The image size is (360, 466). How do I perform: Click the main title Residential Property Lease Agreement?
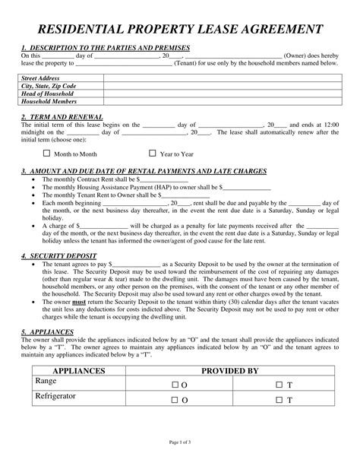pyautogui.click(x=180, y=30)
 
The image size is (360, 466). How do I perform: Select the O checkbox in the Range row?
pyautogui.click(x=175, y=385)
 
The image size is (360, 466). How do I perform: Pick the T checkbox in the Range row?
pyautogui.click(x=279, y=385)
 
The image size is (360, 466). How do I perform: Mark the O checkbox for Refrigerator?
pyautogui.click(x=175, y=399)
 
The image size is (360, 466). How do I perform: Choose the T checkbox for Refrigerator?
pyautogui.click(x=279, y=399)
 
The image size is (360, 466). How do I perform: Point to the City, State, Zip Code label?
pyautogui.click(x=50, y=86)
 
